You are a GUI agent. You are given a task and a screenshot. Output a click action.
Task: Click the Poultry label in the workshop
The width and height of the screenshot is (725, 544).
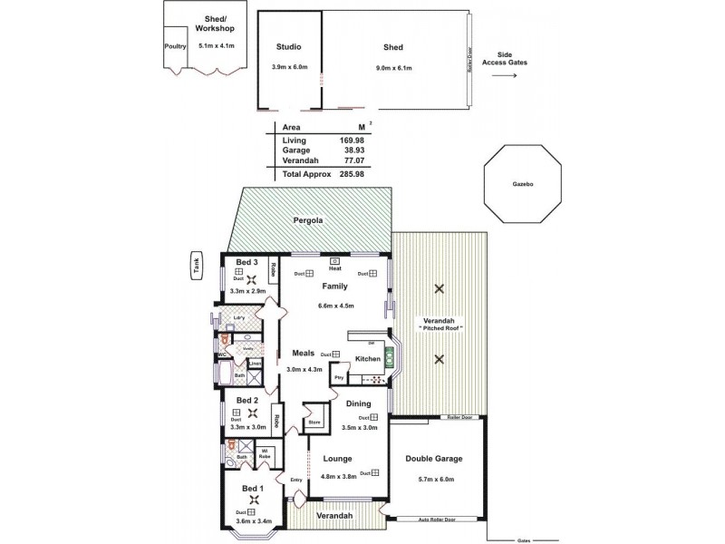175,46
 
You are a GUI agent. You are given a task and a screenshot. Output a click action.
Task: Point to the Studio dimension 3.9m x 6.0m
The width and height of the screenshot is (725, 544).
290,67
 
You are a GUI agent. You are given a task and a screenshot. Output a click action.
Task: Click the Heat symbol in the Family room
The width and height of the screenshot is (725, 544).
334,262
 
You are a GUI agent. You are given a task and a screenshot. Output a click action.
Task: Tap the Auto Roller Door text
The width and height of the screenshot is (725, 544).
436,520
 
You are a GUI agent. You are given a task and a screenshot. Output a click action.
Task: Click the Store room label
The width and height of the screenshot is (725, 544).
314,422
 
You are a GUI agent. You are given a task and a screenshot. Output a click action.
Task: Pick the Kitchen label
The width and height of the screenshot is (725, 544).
367,359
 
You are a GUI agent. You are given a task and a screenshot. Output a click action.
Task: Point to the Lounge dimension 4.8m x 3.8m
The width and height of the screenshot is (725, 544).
337,476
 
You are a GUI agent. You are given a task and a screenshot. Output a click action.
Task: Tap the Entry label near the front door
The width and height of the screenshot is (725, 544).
295,480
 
